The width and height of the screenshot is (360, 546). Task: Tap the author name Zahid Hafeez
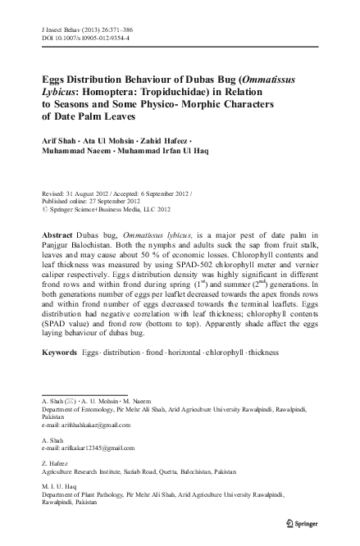(171, 141)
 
